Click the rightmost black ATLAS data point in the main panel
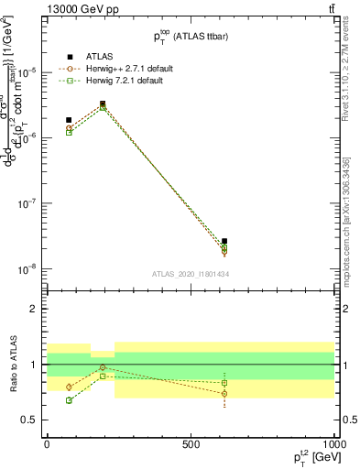click(x=224, y=241)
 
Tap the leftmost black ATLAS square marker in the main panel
click(x=69, y=120)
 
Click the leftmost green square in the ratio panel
click(x=69, y=400)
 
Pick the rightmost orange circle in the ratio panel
click(x=224, y=394)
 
